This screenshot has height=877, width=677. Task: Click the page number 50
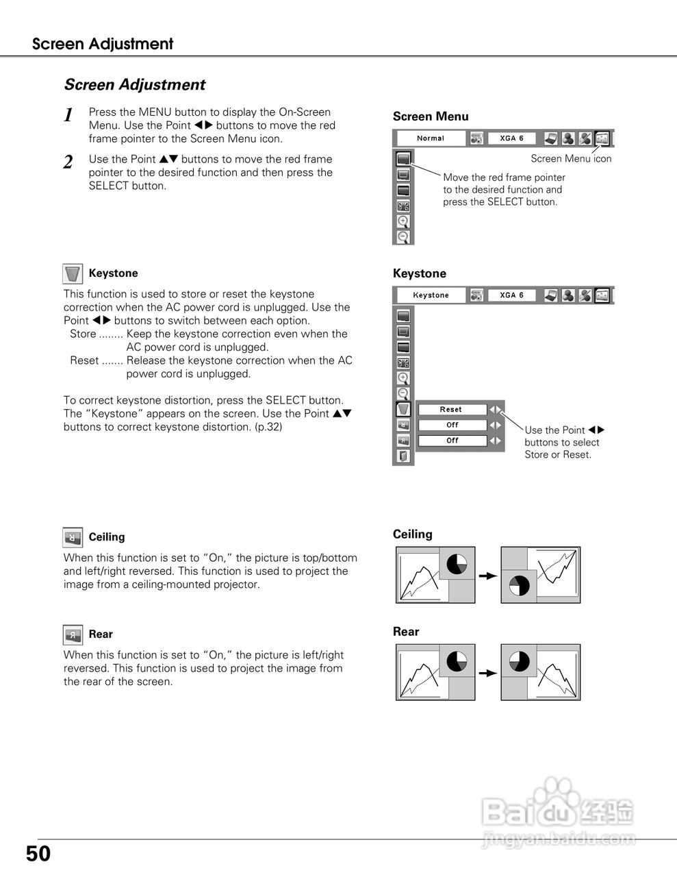click(38, 854)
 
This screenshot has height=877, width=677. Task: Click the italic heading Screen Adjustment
click(134, 85)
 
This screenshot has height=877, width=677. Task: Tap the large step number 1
click(68, 115)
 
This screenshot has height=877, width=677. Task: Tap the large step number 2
click(68, 162)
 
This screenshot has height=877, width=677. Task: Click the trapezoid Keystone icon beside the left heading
click(73, 274)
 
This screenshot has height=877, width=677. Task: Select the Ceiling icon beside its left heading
click(73, 538)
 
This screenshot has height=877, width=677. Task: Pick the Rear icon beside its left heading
click(73, 635)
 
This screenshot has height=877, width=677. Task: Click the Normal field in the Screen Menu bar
click(431, 138)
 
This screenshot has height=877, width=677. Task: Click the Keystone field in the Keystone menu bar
click(431, 295)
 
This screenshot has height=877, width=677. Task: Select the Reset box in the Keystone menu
click(452, 410)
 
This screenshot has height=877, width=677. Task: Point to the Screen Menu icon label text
click(571, 159)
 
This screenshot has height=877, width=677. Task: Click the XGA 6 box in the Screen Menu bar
click(512, 138)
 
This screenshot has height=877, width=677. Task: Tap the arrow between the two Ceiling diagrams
click(487, 576)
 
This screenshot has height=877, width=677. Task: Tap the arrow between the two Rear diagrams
click(487, 674)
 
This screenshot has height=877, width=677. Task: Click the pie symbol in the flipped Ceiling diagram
click(519, 586)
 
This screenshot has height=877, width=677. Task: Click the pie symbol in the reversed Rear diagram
click(519, 662)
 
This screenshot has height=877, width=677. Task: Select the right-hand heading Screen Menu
click(431, 116)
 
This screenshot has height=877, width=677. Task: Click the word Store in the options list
click(83, 334)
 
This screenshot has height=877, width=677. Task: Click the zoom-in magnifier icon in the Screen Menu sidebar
click(403, 221)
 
